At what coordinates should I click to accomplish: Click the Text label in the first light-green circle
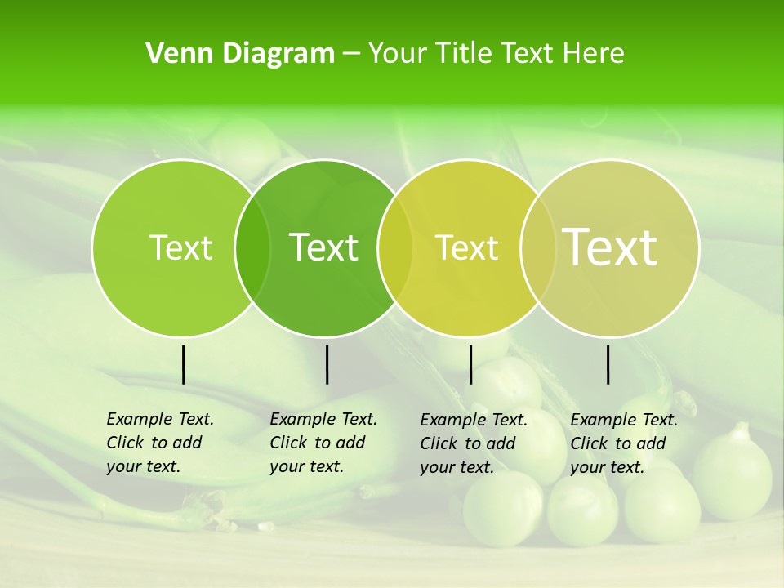pos(180,247)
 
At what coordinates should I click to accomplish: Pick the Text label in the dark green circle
pos(323,247)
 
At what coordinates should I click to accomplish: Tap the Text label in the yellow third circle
pos(466,247)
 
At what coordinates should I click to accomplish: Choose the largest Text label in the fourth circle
pos(609,247)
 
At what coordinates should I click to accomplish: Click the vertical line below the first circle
pos(183,365)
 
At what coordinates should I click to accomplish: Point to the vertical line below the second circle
pos(327,365)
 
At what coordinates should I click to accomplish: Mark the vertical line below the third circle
pos(470,365)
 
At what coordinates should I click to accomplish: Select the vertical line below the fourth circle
pos(608,365)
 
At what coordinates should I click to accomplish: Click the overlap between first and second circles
pos(252,248)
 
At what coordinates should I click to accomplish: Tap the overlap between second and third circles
pos(395,248)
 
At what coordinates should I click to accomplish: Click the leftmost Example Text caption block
pos(159,443)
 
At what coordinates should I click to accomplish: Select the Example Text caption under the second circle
pos(323,443)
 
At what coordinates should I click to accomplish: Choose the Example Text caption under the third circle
pos(473,443)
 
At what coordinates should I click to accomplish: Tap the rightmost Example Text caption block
pos(623,443)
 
